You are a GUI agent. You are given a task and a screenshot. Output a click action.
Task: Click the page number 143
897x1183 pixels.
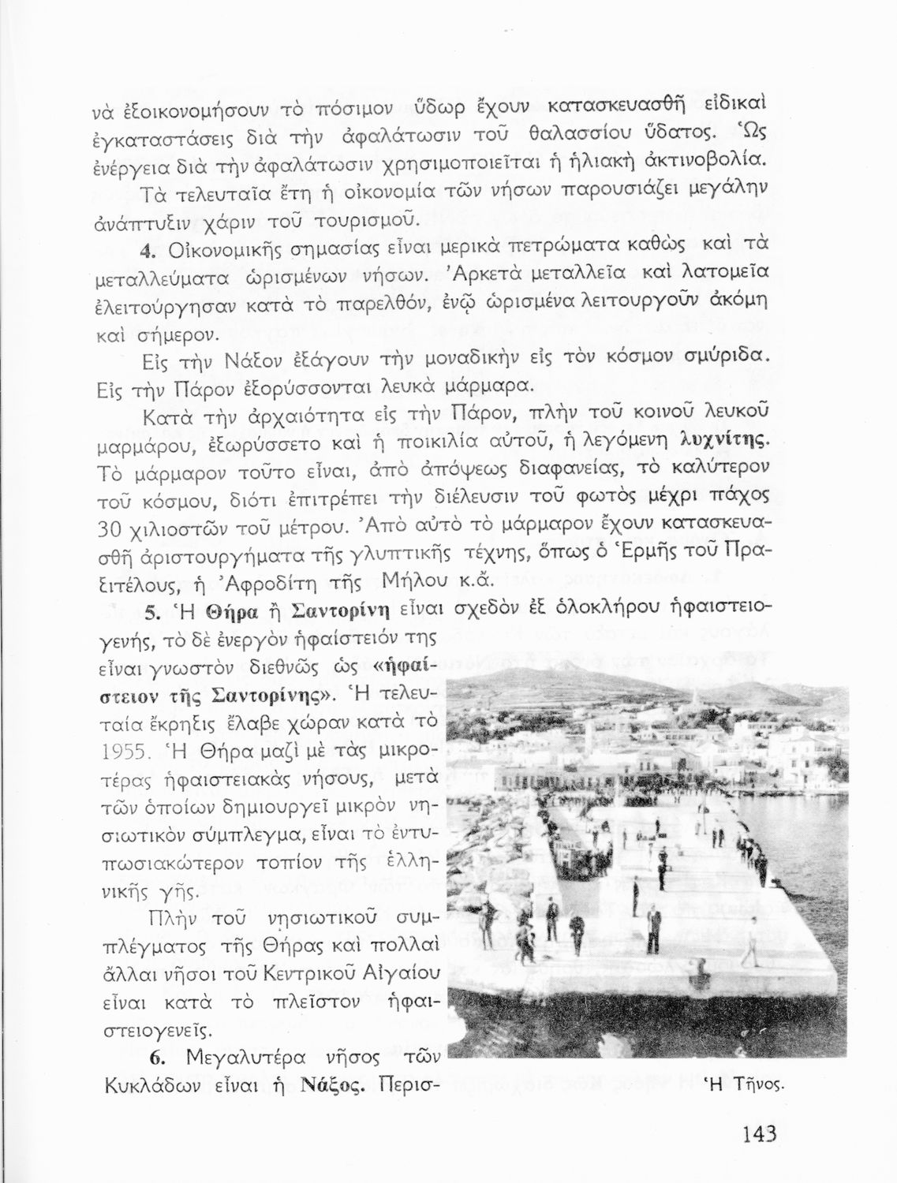click(x=759, y=1134)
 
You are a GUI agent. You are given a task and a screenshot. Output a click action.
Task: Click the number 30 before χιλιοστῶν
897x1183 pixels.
click(x=115, y=528)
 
